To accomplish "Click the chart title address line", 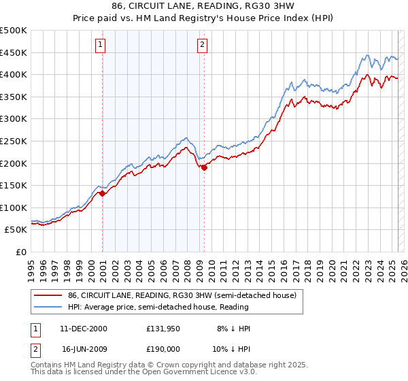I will click(x=204, y=7).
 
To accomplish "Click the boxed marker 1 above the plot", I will click(x=100, y=46).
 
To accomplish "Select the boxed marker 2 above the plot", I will click(x=203, y=46).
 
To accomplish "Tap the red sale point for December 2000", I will click(x=102, y=193).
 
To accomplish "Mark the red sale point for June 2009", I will click(x=204, y=167).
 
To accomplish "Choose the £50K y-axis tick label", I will click(x=16, y=230).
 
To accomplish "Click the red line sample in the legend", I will click(x=48, y=296).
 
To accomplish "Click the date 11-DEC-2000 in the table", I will click(x=83, y=329).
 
